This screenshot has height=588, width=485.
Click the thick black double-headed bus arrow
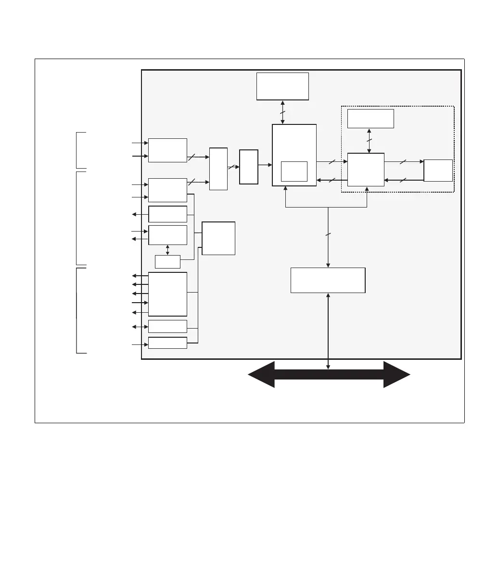(329, 375)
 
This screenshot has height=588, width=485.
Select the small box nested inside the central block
(294, 171)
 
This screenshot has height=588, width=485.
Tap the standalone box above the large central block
(282, 86)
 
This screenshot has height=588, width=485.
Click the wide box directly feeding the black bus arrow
(328, 280)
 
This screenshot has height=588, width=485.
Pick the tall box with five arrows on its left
(167, 294)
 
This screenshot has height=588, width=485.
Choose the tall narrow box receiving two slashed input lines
(218, 169)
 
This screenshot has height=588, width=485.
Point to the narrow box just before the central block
(249, 167)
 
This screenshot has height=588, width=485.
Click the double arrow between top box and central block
(282, 112)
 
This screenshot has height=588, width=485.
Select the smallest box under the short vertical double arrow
(167, 262)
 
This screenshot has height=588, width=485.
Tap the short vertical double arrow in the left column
(167, 250)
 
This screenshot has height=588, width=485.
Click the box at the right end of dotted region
(438, 171)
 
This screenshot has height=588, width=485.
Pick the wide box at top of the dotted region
(370, 119)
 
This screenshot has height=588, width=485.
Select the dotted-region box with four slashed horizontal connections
(366, 170)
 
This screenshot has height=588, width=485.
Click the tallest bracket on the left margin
(78, 218)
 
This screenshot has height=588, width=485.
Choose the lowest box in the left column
(167, 343)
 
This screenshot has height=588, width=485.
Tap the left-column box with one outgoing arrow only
(167, 214)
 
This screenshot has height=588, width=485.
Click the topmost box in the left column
(167, 150)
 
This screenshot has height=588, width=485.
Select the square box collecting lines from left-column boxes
(218, 238)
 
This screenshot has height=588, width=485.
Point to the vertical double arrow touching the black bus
(328, 331)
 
